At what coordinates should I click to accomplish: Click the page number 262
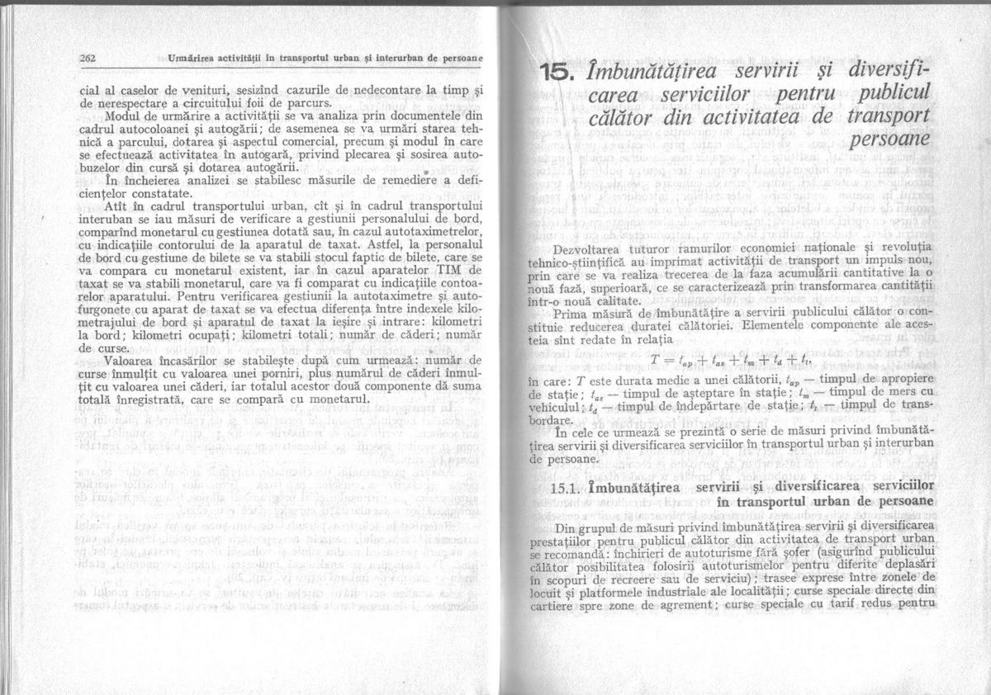pos(89,58)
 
